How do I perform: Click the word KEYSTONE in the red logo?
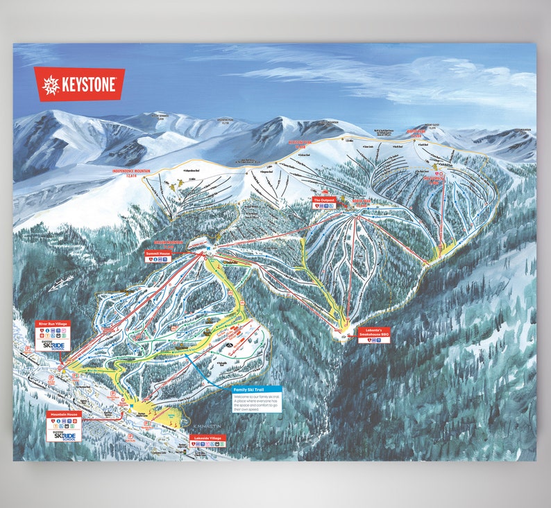coord(91,84)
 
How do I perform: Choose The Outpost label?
coord(324,200)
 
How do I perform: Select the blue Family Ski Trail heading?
coord(257,390)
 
